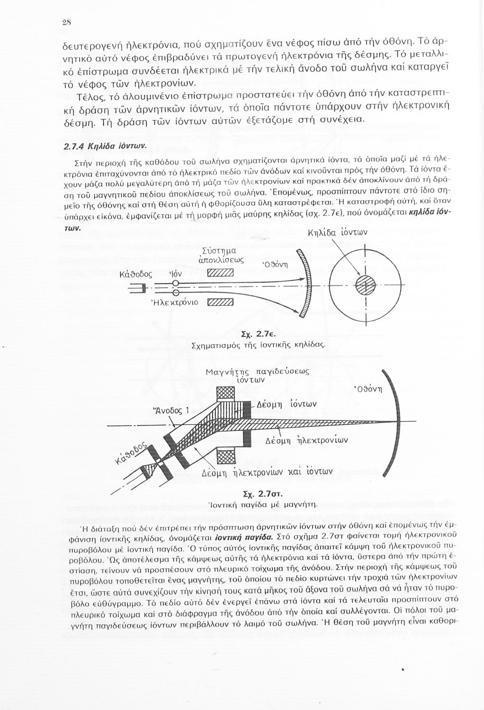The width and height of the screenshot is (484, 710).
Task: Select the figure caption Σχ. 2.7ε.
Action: click(x=255, y=335)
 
